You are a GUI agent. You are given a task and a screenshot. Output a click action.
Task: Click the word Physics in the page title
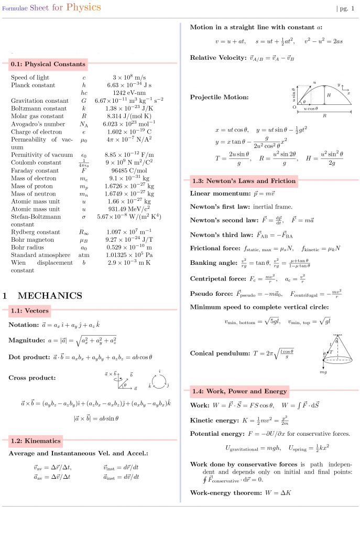(x=83, y=7)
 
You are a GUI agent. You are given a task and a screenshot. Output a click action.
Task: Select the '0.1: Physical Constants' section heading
(x=48, y=64)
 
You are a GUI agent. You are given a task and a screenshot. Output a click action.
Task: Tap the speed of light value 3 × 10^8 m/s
(x=129, y=78)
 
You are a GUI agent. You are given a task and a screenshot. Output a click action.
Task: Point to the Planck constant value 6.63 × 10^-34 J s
(x=129, y=85)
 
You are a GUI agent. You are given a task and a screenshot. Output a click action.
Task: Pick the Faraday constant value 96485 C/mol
(x=129, y=170)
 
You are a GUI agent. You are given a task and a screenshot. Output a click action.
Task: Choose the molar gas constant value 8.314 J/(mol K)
(x=129, y=116)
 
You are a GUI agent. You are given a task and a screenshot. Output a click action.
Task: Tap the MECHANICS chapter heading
(x=50, y=296)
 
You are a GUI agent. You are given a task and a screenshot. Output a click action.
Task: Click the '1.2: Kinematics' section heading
(x=35, y=441)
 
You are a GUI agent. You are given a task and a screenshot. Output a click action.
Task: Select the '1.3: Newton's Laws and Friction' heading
(x=244, y=181)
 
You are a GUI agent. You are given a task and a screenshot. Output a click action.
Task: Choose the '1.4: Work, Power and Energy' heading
(x=239, y=391)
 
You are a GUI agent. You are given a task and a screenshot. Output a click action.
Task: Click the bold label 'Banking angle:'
(x=213, y=263)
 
